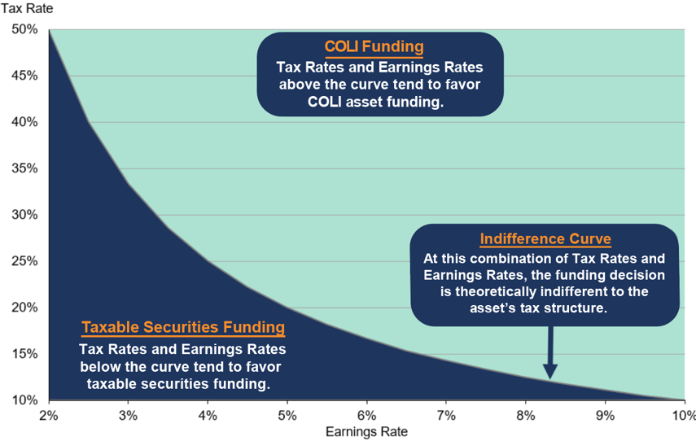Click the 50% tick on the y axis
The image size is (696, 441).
click(x=25, y=30)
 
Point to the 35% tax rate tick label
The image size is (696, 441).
click(x=25, y=168)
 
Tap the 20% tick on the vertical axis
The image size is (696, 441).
click(x=25, y=308)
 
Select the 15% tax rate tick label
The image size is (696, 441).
click(x=25, y=354)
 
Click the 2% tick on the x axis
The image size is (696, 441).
click(x=49, y=416)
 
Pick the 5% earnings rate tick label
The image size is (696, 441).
click(x=287, y=416)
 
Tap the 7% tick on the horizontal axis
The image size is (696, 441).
click(x=446, y=416)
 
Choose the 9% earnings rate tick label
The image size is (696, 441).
click(x=605, y=416)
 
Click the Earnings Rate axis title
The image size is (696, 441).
click(x=366, y=432)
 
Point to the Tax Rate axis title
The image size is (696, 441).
click(x=27, y=8)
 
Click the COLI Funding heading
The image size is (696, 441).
click(x=374, y=46)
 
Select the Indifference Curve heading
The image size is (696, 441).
click(x=545, y=238)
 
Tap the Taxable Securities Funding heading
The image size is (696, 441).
click(x=183, y=327)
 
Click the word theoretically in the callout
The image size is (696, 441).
click(x=496, y=291)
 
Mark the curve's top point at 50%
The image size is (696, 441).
click(x=49, y=30)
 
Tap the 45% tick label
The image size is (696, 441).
click(x=25, y=76)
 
